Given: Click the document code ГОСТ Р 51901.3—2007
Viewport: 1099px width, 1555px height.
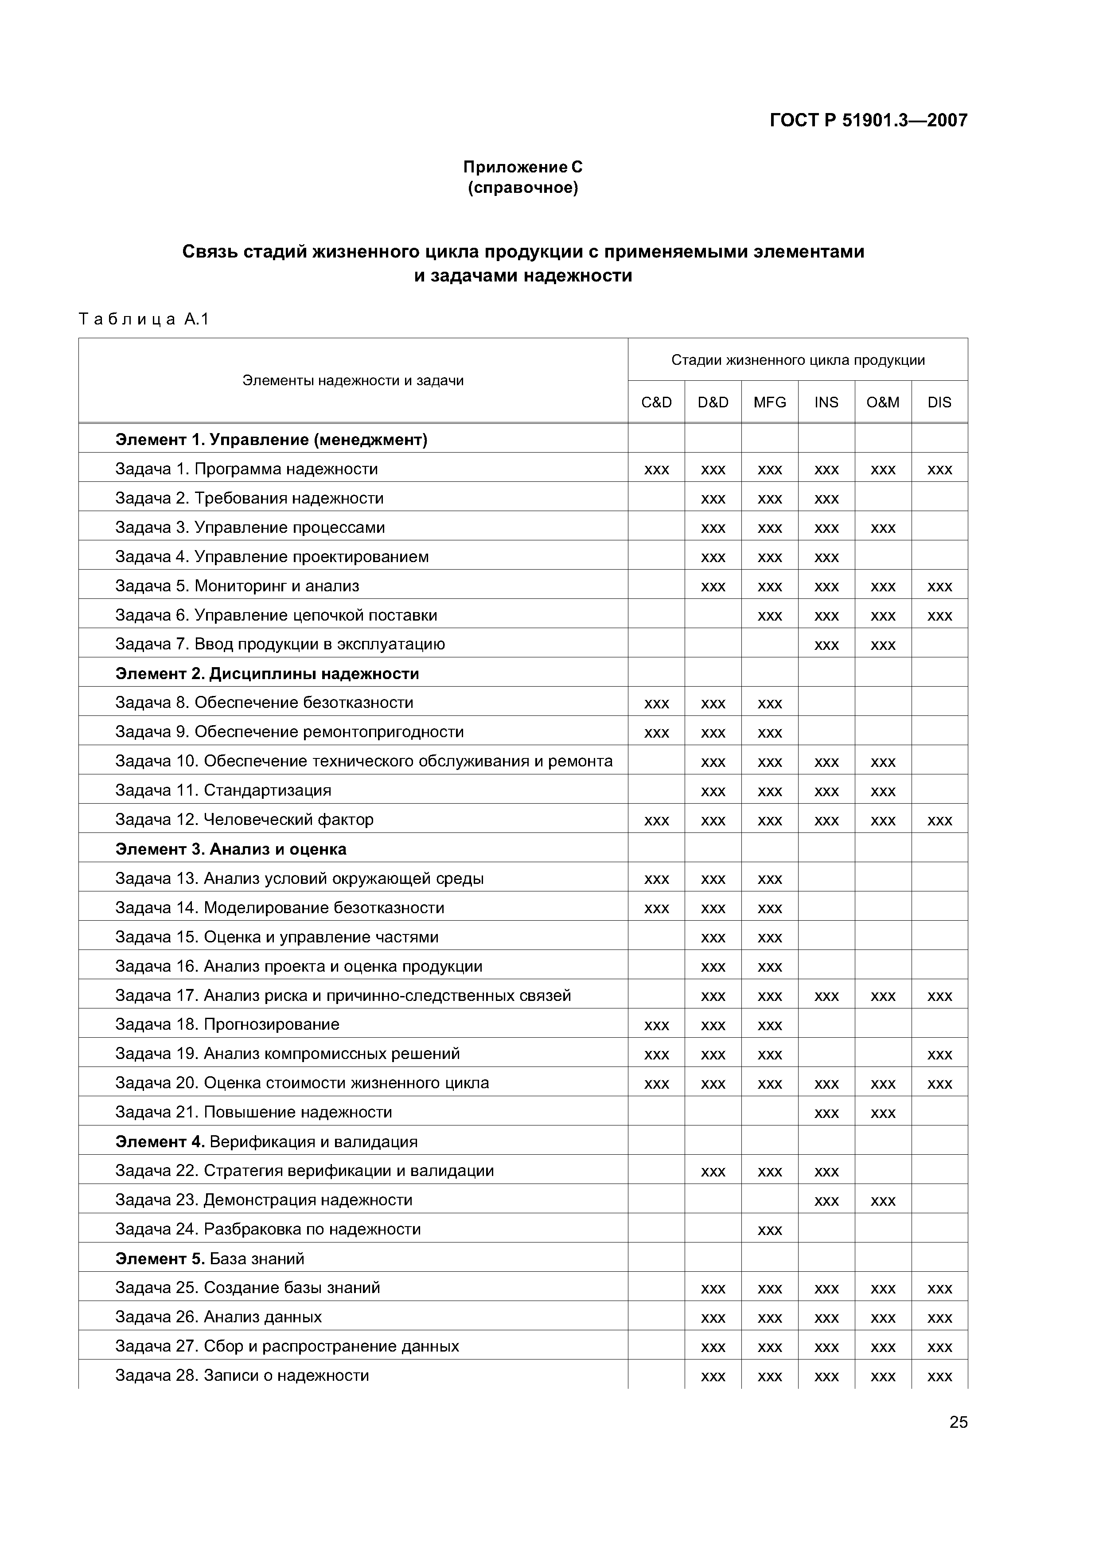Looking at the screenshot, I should click(x=868, y=121).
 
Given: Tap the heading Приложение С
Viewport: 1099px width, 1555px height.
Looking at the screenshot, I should click(x=523, y=167).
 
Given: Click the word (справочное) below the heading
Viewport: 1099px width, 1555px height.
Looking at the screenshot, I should click(x=523, y=188).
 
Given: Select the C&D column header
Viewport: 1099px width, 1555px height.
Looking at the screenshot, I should click(x=656, y=402).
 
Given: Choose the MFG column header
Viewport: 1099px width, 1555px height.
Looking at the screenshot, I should click(x=770, y=402).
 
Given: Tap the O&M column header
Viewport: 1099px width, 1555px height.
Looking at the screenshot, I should click(x=883, y=402).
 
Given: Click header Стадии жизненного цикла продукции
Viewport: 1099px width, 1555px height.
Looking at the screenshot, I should click(x=798, y=360).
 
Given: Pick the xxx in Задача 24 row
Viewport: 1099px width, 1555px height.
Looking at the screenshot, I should click(x=770, y=1231).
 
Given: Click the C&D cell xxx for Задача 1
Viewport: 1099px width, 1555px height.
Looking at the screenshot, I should click(x=656, y=470).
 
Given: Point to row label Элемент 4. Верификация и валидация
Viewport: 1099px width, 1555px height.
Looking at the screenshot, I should click(x=266, y=1142).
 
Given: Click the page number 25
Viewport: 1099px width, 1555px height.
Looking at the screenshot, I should click(x=958, y=1422).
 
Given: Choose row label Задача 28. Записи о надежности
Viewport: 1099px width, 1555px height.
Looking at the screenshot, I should click(x=242, y=1375).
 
